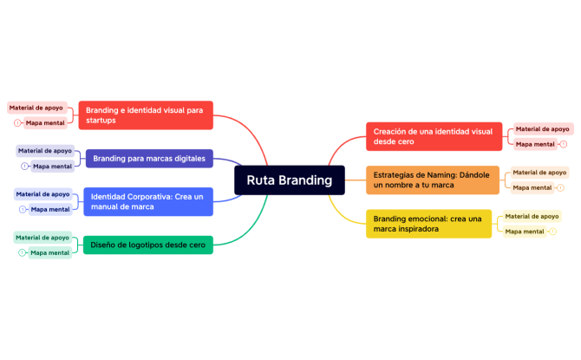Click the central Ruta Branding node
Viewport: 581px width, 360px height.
289,180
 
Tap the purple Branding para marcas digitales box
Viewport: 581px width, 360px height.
148,159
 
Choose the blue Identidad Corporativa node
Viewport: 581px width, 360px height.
147,202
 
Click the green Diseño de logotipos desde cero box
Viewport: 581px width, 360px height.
147,245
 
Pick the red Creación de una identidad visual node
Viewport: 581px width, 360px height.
434,136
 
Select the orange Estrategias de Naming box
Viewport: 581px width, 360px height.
432,180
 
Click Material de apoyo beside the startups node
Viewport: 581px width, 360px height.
36,108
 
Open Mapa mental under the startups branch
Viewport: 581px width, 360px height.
44,123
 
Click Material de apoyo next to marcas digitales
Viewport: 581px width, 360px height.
45,151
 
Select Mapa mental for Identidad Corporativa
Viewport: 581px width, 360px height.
50,209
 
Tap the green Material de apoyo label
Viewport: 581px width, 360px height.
42,238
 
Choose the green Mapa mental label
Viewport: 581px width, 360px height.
49,252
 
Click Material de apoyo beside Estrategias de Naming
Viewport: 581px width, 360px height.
539,173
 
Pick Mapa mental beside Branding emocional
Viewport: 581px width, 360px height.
525,232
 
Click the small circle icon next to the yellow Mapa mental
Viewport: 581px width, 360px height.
553,232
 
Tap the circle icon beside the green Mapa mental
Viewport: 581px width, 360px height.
22,252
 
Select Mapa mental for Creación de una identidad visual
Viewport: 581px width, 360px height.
535,144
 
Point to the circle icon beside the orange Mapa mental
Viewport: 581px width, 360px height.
560,187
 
